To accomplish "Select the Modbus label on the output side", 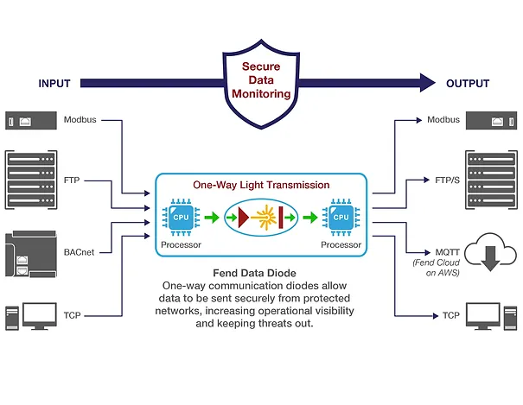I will pos(443,119).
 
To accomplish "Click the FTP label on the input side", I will pos(74,181).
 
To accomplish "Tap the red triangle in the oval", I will pos(245,219).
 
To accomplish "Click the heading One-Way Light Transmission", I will pos(260,185).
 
